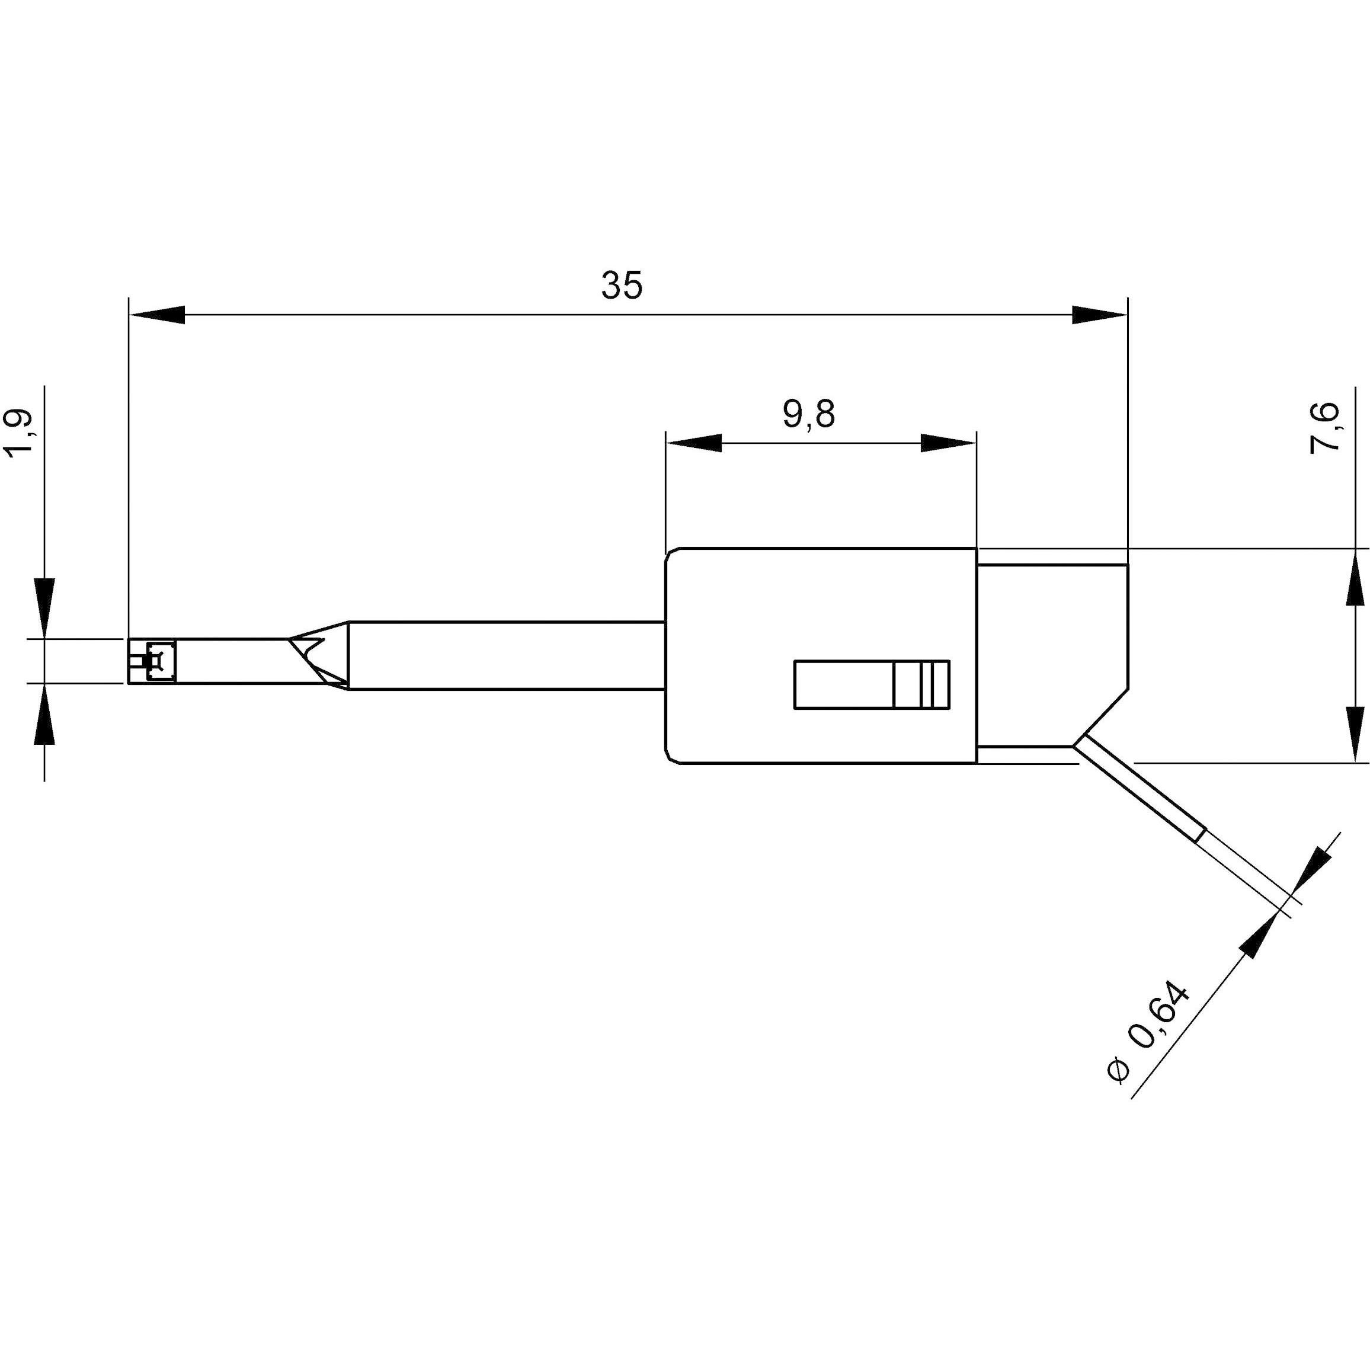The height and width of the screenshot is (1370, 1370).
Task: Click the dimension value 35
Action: tap(622, 285)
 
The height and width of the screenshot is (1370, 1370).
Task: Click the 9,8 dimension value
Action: tap(809, 414)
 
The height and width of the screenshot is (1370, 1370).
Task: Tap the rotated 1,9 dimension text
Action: tap(21, 432)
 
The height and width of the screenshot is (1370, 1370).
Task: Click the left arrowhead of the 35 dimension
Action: tap(156, 315)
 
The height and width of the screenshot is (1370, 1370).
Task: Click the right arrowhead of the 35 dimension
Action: tap(1099, 315)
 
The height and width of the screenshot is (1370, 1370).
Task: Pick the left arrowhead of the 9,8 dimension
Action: tap(693, 444)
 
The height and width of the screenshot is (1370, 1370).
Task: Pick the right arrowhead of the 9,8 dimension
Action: tap(948, 444)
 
